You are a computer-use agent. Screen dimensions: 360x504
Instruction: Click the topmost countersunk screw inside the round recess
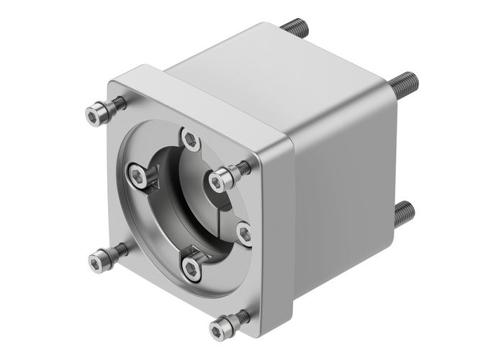click(x=190, y=138)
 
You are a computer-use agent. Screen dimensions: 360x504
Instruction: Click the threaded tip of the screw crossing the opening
click(x=243, y=168)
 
